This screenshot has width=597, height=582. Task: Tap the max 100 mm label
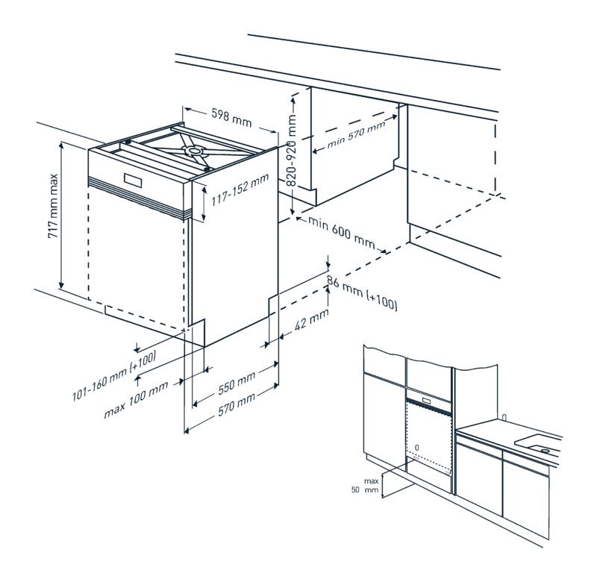click(136, 401)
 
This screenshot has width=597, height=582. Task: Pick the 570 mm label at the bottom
click(234, 404)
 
